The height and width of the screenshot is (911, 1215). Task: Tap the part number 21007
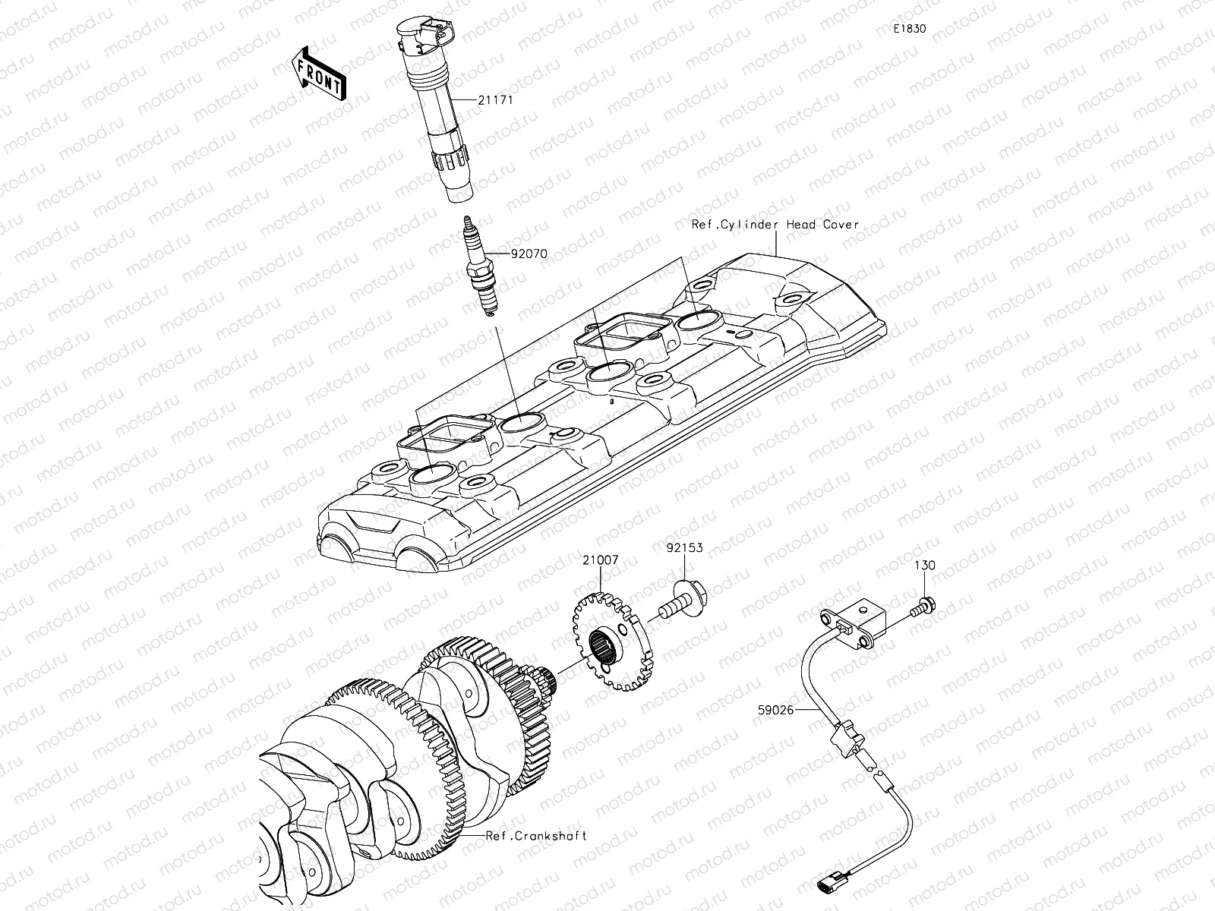(601, 560)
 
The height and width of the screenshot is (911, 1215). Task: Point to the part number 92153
(685, 547)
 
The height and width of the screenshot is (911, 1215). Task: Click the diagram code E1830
(910, 29)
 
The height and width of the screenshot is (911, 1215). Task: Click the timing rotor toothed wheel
(610, 645)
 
